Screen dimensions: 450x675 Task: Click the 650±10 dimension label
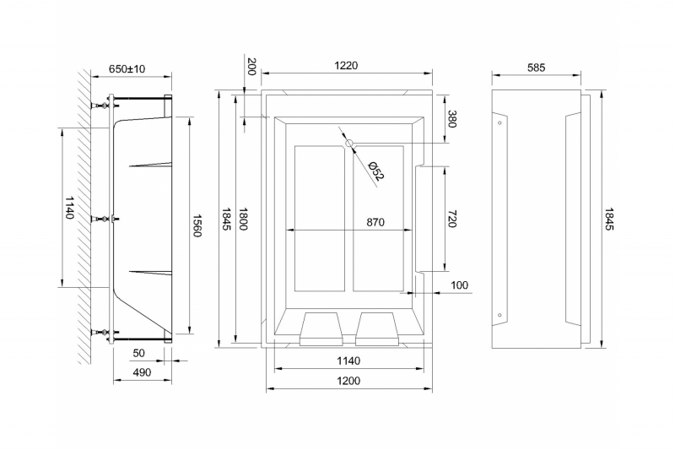pyautogui.click(x=127, y=68)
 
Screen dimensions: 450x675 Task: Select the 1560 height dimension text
pyautogui.click(x=197, y=225)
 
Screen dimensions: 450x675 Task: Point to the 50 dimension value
pyautogui.click(x=139, y=352)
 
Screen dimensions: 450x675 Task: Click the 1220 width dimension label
pyautogui.click(x=347, y=66)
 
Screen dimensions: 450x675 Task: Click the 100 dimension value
pyautogui.click(x=459, y=285)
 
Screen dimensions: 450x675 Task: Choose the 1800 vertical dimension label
pyautogui.click(x=244, y=220)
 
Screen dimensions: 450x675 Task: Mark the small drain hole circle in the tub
pyautogui.click(x=349, y=144)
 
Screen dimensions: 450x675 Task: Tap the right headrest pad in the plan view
pyautogui.click(x=379, y=328)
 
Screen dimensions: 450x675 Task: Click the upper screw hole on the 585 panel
pyautogui.click(x=500, y=123)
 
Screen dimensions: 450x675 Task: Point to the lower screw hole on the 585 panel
pyautogui.click(x=500, y=317)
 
